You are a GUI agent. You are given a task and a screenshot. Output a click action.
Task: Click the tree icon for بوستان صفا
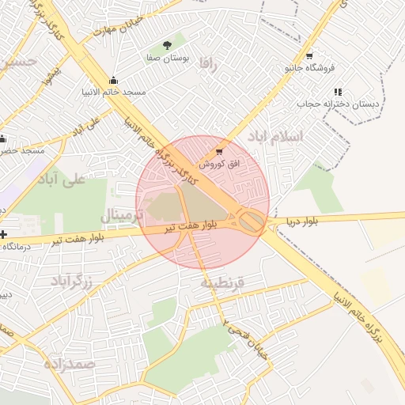166,46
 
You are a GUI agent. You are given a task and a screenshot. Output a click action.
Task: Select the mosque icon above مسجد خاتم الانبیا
113,80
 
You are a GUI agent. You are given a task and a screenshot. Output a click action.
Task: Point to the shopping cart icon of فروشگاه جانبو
308,56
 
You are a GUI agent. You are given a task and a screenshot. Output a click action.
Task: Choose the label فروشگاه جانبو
309,69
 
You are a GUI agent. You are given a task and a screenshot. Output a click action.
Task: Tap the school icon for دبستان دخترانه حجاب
338,92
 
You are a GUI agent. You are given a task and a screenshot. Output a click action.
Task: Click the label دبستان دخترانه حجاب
339,104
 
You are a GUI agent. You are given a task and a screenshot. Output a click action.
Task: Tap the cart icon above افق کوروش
219,151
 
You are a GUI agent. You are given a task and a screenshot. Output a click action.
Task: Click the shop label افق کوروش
218,164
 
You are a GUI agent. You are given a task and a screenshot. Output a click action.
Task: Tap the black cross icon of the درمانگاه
4,234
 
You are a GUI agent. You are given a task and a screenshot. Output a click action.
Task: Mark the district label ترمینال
123,215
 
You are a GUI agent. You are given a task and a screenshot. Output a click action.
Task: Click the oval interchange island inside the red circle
252,221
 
